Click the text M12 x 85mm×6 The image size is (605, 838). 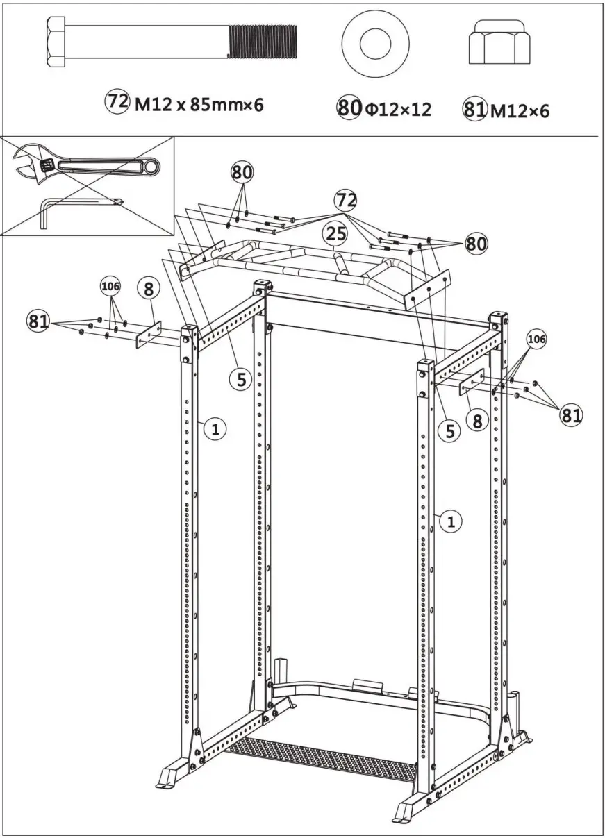(x=199, y=105)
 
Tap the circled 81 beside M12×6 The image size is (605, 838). (x=475, y=111)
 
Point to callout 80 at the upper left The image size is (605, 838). (x=242, y=171)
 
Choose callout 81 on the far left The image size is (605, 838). (x=39, y=320)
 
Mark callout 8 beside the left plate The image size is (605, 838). (x=149, y=288)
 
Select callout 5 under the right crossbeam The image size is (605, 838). (x=449, y=430)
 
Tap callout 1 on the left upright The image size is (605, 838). (x=215, y=429)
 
